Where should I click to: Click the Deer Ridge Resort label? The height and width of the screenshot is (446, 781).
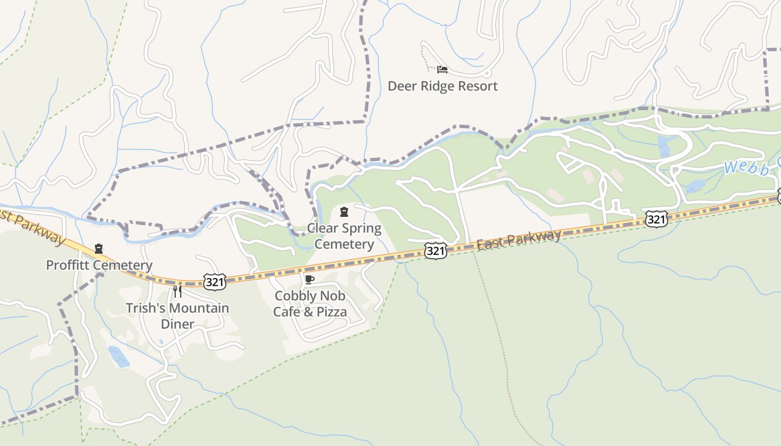pos(442,86)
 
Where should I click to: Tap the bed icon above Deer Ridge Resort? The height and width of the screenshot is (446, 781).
pos(442,70)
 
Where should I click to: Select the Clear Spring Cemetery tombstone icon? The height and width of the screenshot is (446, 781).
pos(344,212)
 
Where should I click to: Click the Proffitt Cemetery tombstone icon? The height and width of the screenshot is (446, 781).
pos(99,249)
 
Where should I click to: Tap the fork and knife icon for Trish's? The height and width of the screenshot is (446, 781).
pos(177,292)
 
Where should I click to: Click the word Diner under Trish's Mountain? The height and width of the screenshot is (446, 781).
pos(177,324)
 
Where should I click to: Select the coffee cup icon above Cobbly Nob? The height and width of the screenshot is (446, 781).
pos(310,279)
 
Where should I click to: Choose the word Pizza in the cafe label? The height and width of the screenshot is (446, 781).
pos(332,312)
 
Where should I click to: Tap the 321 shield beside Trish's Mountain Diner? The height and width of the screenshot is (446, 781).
pos(215,282)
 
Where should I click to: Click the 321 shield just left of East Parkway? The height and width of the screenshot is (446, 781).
pos(436,251)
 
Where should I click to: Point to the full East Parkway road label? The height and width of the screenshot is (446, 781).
pos(519,240)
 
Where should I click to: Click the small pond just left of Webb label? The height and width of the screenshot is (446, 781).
pos(696,186)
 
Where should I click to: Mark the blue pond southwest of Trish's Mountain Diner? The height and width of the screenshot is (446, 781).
pos(119,357)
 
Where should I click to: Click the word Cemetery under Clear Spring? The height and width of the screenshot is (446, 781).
pos(344,245)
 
